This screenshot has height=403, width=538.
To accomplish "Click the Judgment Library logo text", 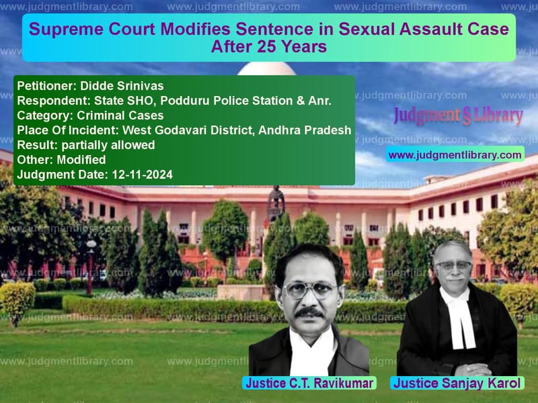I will point(458,116).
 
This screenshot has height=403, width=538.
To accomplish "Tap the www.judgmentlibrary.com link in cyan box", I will point(455,155).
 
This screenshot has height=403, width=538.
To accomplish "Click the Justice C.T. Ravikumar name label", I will point(309,383).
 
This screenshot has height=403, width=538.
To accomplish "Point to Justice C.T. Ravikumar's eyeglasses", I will point(309,289).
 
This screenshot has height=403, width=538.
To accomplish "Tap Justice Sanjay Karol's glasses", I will point(453,265).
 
